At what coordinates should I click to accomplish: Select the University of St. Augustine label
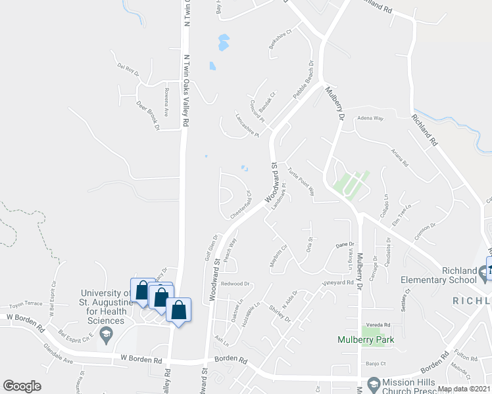102,307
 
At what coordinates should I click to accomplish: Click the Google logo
22,386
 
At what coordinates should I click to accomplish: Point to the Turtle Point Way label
301,182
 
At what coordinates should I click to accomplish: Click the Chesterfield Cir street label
240,206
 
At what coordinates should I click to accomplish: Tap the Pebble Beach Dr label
304,81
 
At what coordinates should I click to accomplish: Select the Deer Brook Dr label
148,114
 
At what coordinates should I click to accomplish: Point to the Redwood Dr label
235,284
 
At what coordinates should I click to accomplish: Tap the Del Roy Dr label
128,69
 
